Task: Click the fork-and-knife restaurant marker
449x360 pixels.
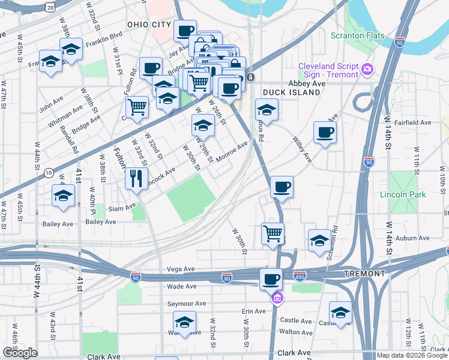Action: pyautogui.click(x=136, y=178)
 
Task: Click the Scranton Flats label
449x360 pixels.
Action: pyautogui.click(x=357, y=36)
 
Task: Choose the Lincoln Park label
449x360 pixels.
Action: pyautogui.click(x=403, y=194)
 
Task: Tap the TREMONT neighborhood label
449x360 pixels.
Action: pyautogui.click(x=364, y=274)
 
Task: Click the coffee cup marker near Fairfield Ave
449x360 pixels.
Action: pyautogui.click(x=325, y=132)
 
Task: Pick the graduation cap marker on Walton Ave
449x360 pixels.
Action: pyautogui.click(x=185, y=322)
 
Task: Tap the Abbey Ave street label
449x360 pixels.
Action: pyautogui.click(x=306, y=84)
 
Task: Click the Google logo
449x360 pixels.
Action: pyautogui.click(x=20, y=353)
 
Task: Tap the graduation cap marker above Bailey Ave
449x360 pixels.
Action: pyautogui.click(x=63, y=196)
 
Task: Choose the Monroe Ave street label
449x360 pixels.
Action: pyautogui.click(x=232, y=150)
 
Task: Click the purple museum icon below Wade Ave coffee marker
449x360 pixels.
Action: pyautogui.click(x=276, y=298)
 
